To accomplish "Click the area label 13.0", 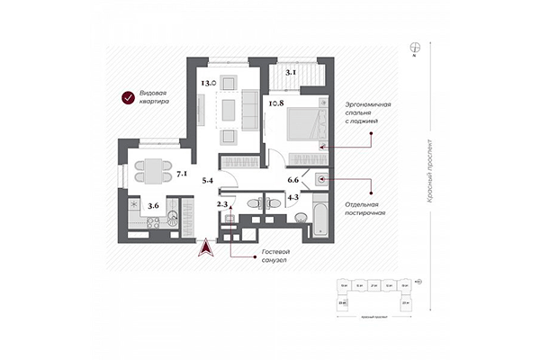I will click(x=206, y=84).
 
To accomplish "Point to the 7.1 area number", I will click(x=183, y=172).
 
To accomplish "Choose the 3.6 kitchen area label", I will click(x=154, y=206).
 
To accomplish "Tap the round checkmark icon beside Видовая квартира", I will click(x=128, y=98).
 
